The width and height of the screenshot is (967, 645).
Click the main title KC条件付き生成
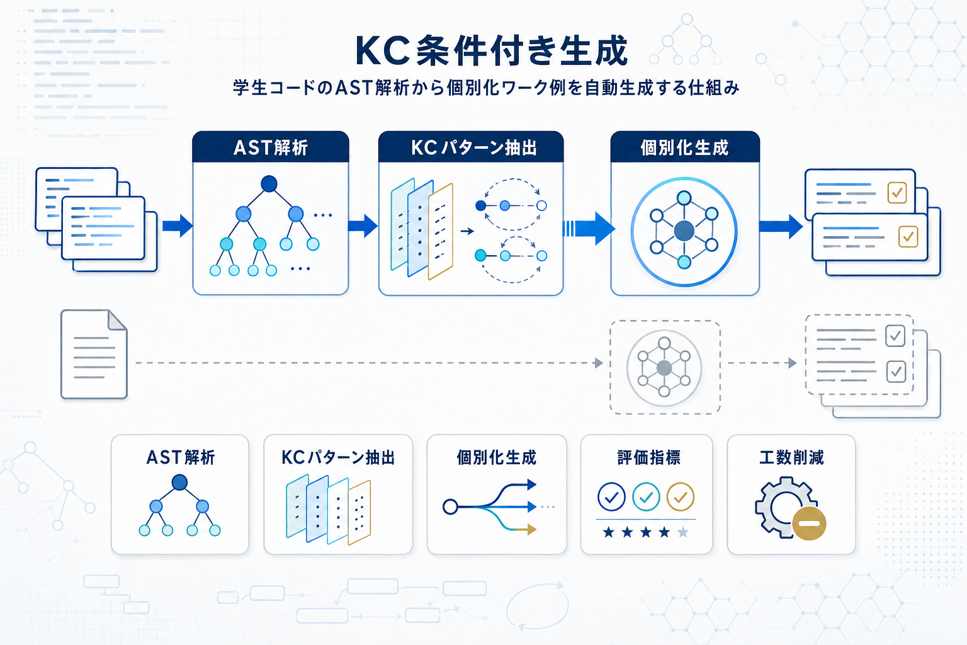[x=492, y=51]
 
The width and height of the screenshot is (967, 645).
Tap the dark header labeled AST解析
[x=271, y=147]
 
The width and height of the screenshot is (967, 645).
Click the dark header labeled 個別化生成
[x=684, y=147]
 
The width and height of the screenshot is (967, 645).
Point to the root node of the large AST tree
[x=269, y=183]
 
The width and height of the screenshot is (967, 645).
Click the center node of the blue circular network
[x=684, y=231]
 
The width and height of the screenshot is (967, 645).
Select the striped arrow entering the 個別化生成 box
[x=589, y=228]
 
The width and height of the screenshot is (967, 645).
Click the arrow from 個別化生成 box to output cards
[x=781, y=226]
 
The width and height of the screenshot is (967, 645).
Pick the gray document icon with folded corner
[x=94, y=354]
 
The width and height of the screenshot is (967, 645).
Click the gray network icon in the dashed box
[x=664, y=367]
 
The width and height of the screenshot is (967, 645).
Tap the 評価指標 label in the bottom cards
[x=648, y=457]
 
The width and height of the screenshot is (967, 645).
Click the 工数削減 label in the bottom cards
[x=791, y=457]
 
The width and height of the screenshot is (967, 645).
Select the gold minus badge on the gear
[x=809, y=523]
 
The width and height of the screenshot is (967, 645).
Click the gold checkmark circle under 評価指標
[x=680, y=497]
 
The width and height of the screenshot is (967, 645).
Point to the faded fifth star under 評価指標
[x=682, y=533]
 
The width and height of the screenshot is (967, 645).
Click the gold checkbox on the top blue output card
[x=896, y=193]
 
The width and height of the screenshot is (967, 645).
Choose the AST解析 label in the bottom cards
[x=181, y=457]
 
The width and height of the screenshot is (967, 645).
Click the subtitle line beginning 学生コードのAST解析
[x=486, y=88]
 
